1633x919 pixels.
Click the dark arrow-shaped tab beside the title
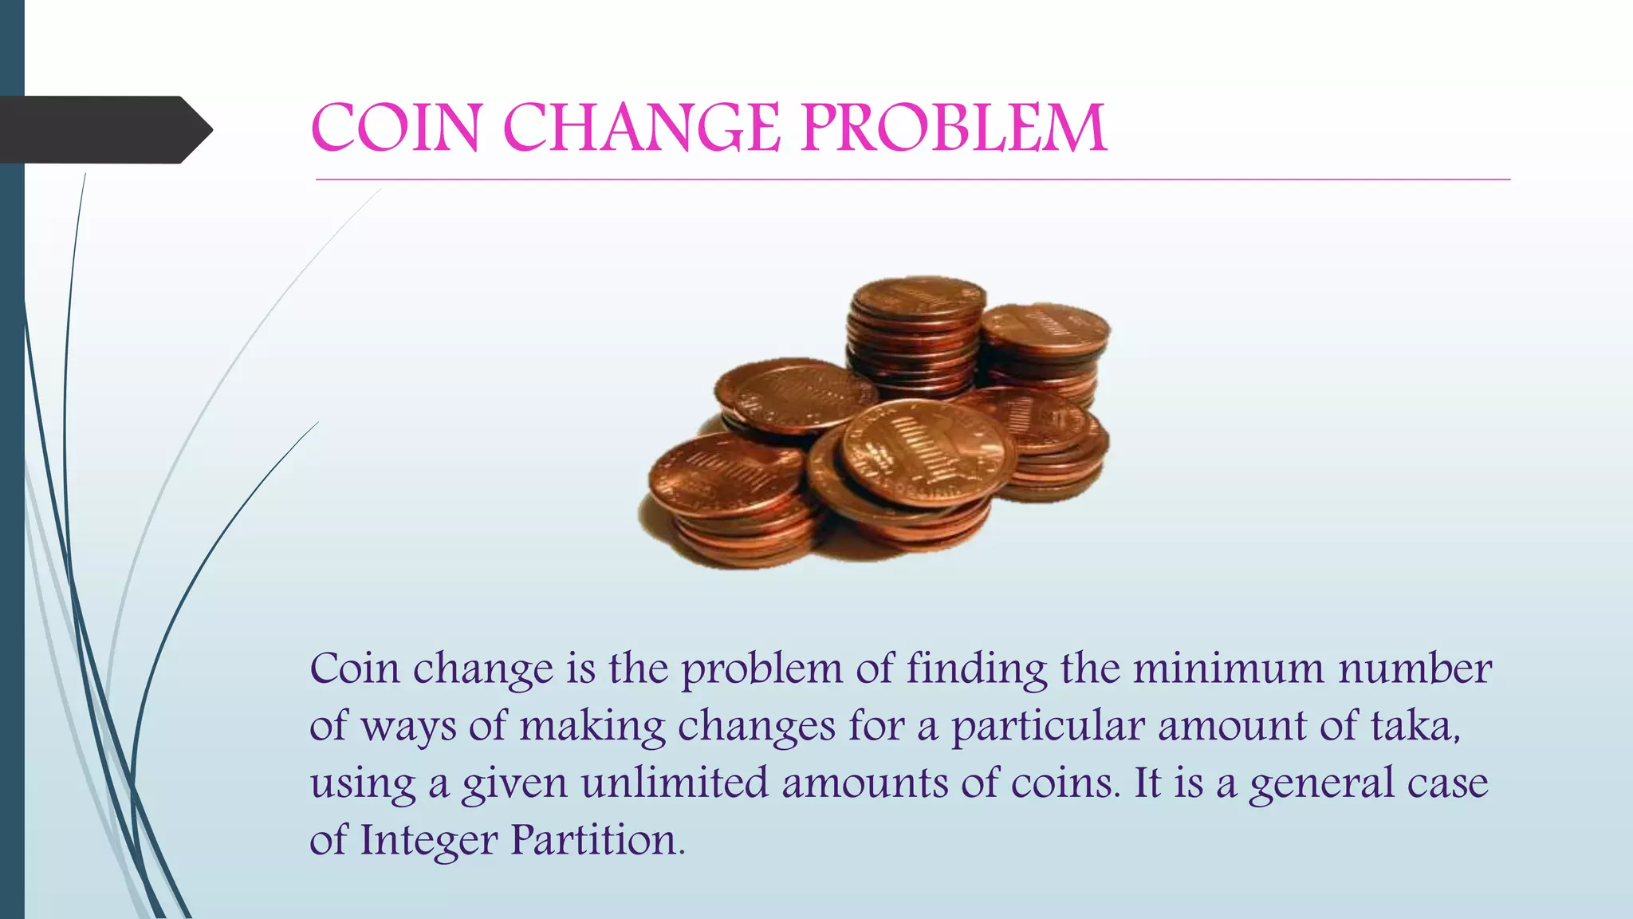coord(104,129)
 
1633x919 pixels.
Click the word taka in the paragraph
coord(1414,726)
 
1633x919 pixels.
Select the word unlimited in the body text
coord(675,783)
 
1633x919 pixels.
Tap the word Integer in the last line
coord(428,842)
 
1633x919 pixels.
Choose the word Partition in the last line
coord(597,840)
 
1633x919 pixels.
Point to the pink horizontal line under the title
coord(912,180)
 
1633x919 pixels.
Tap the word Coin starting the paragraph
coord(355,669)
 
